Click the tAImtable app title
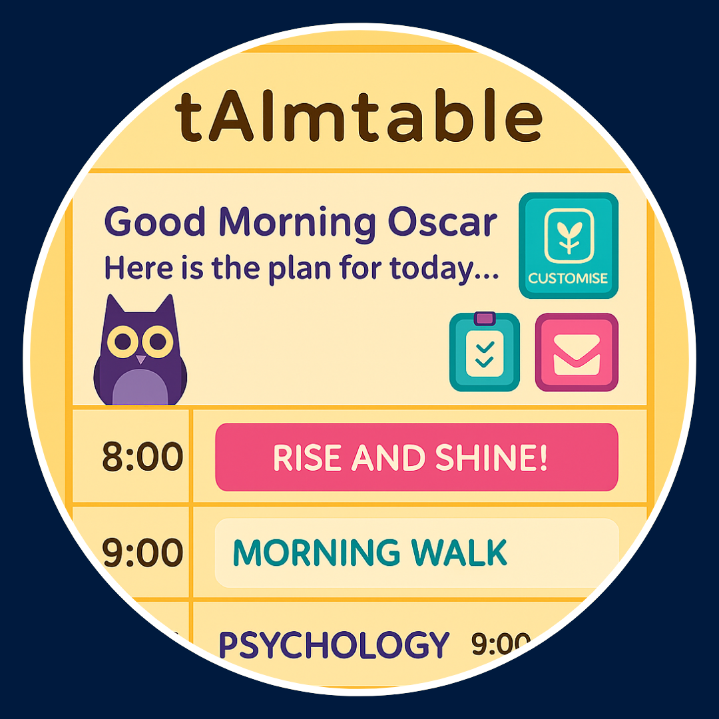click(359, 116)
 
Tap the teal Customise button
click(569, 246)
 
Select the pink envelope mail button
click(577, 352)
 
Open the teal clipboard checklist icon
click(485, 352)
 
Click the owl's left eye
click(123, 342)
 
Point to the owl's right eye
click(157, 342)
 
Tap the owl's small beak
click(140, 359)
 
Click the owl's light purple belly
click(140, 387)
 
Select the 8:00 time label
click(142, 457)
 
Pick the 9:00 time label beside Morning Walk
click(142, 553)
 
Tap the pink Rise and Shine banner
click(417, 457)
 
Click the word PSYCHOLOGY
click(334, 645)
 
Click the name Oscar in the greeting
click(443, 222)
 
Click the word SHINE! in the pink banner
click(491, 457)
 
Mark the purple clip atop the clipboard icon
click(485, 318)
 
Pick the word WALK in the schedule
click(459, 553)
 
